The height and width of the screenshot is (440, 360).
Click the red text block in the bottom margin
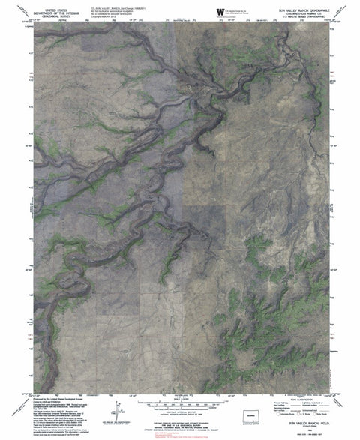180,431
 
